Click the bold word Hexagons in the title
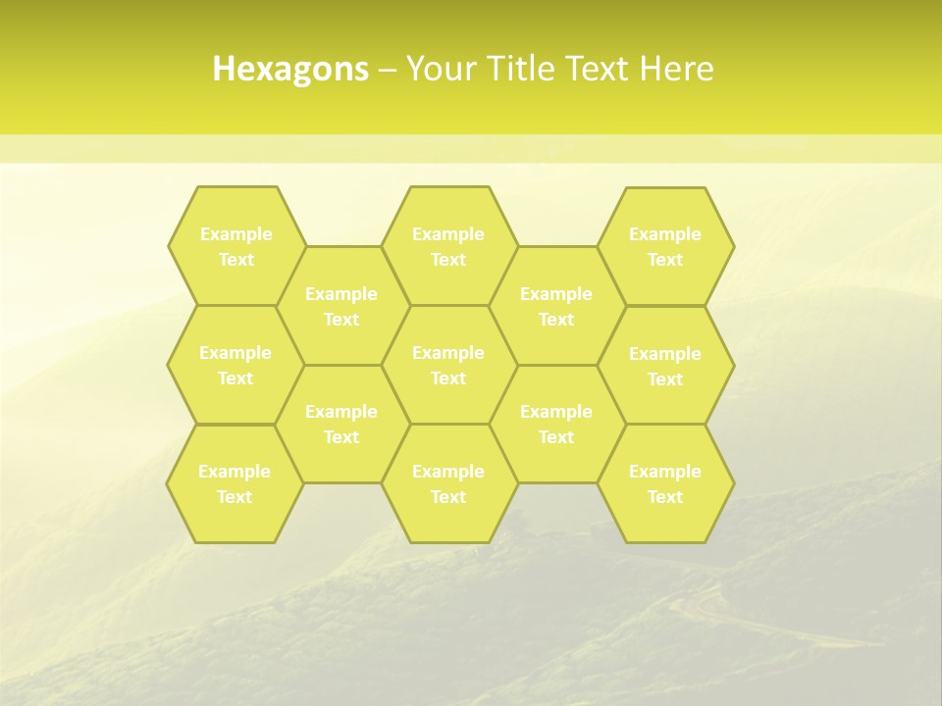[290, 69]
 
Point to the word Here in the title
[677, 69]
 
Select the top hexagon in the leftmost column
[235, 246]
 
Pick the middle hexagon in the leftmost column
[235, 365]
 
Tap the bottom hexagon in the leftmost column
[235, 483]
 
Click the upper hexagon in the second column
[341, 306]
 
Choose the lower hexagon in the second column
[341, 424]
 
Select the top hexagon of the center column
[448, 246]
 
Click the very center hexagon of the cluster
[448, 365]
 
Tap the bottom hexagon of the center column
[448, 483]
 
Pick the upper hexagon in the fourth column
[556, 306]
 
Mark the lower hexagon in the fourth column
[556, 424]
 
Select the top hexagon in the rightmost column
[665, 246]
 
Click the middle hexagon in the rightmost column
[665, 366]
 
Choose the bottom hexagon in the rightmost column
[665, 483]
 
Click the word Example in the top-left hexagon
[235, 234]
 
